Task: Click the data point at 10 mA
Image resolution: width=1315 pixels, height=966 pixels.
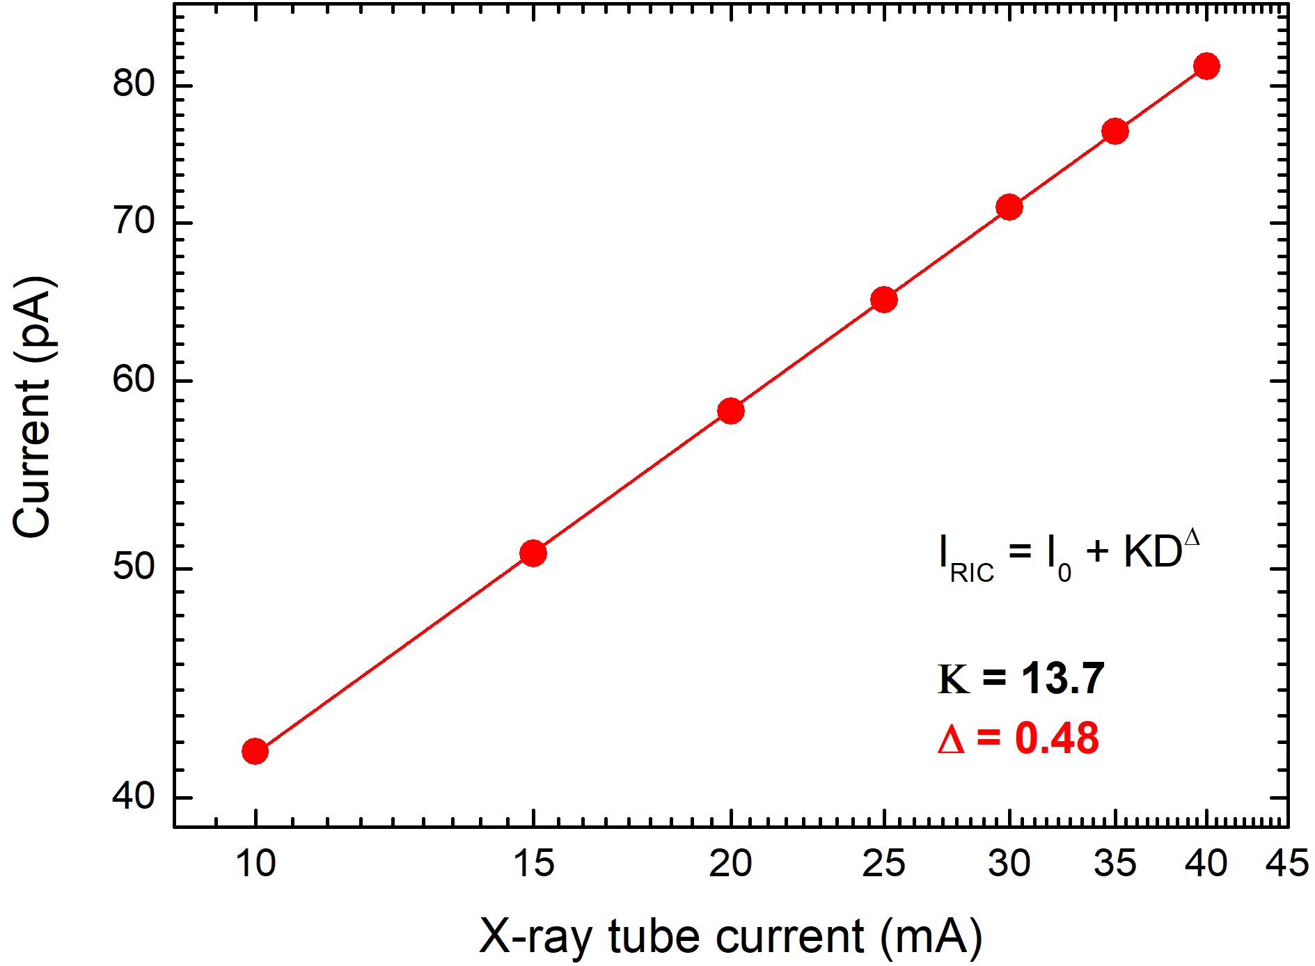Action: (255, 752)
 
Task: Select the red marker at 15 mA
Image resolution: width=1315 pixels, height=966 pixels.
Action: (533, 553)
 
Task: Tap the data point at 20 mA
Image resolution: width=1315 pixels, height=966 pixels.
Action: (730, 411)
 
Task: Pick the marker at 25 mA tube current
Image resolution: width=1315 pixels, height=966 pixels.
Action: (884, 300)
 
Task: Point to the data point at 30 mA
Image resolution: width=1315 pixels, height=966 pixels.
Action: (1009, 207)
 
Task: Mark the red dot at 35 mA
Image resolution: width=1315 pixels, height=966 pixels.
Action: (1115, 132)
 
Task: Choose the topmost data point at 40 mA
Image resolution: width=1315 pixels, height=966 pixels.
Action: (1206, 67)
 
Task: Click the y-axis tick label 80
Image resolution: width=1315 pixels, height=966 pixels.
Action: (133, 83)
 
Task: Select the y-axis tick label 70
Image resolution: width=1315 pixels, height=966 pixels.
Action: (133, 221)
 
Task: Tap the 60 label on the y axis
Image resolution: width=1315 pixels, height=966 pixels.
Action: (133, 379)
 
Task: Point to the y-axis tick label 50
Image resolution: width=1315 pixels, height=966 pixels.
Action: (133, 567)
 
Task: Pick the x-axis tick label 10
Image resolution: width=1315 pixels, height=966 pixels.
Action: (255, 864)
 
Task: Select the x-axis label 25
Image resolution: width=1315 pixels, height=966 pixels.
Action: (883, 864)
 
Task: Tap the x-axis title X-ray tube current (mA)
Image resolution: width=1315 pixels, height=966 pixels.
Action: (730, 936)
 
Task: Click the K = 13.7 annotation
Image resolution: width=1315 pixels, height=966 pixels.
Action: (1021, 679)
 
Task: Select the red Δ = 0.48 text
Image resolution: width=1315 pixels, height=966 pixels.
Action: (1018, 738)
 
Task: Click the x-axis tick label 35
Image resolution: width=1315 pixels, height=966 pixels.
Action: (1115, 864)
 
